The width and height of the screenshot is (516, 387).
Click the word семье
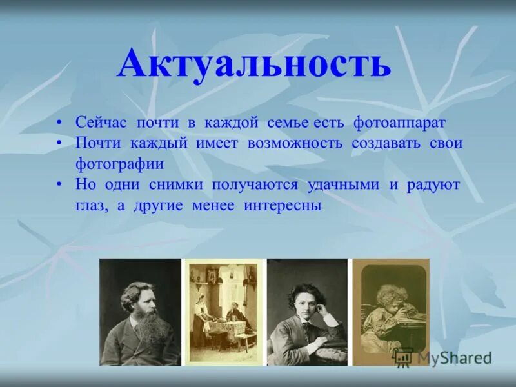click(x=287, y=123)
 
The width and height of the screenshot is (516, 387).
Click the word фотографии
click(x=119, y=164)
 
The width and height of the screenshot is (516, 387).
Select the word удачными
click(x=343, y=185)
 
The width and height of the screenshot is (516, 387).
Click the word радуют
click(x=433, y=185)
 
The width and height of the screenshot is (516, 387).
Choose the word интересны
click(x=283, y=206)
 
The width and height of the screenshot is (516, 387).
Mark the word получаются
click(x=255, y=185)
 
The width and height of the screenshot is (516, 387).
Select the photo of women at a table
click(x=224, y=312)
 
